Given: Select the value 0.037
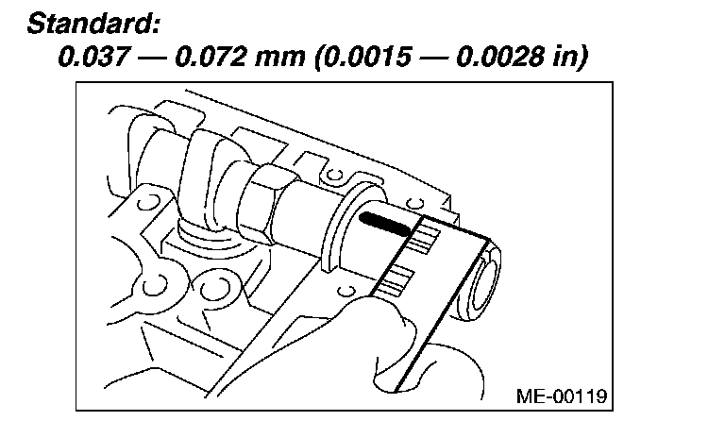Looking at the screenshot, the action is tap(93, 57).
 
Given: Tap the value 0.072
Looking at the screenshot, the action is tap(211, 57).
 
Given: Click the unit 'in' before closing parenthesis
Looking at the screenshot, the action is tap(564, 57).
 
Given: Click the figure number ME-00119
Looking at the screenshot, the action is tap(562, 396).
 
